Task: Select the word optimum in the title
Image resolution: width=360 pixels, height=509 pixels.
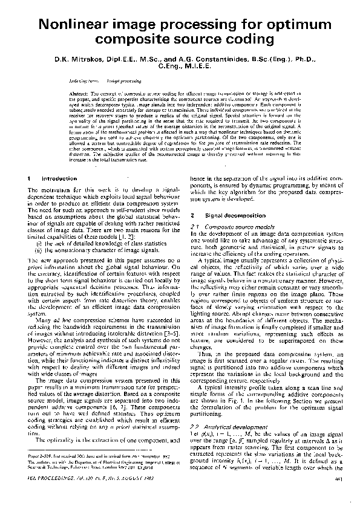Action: [289, 25]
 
